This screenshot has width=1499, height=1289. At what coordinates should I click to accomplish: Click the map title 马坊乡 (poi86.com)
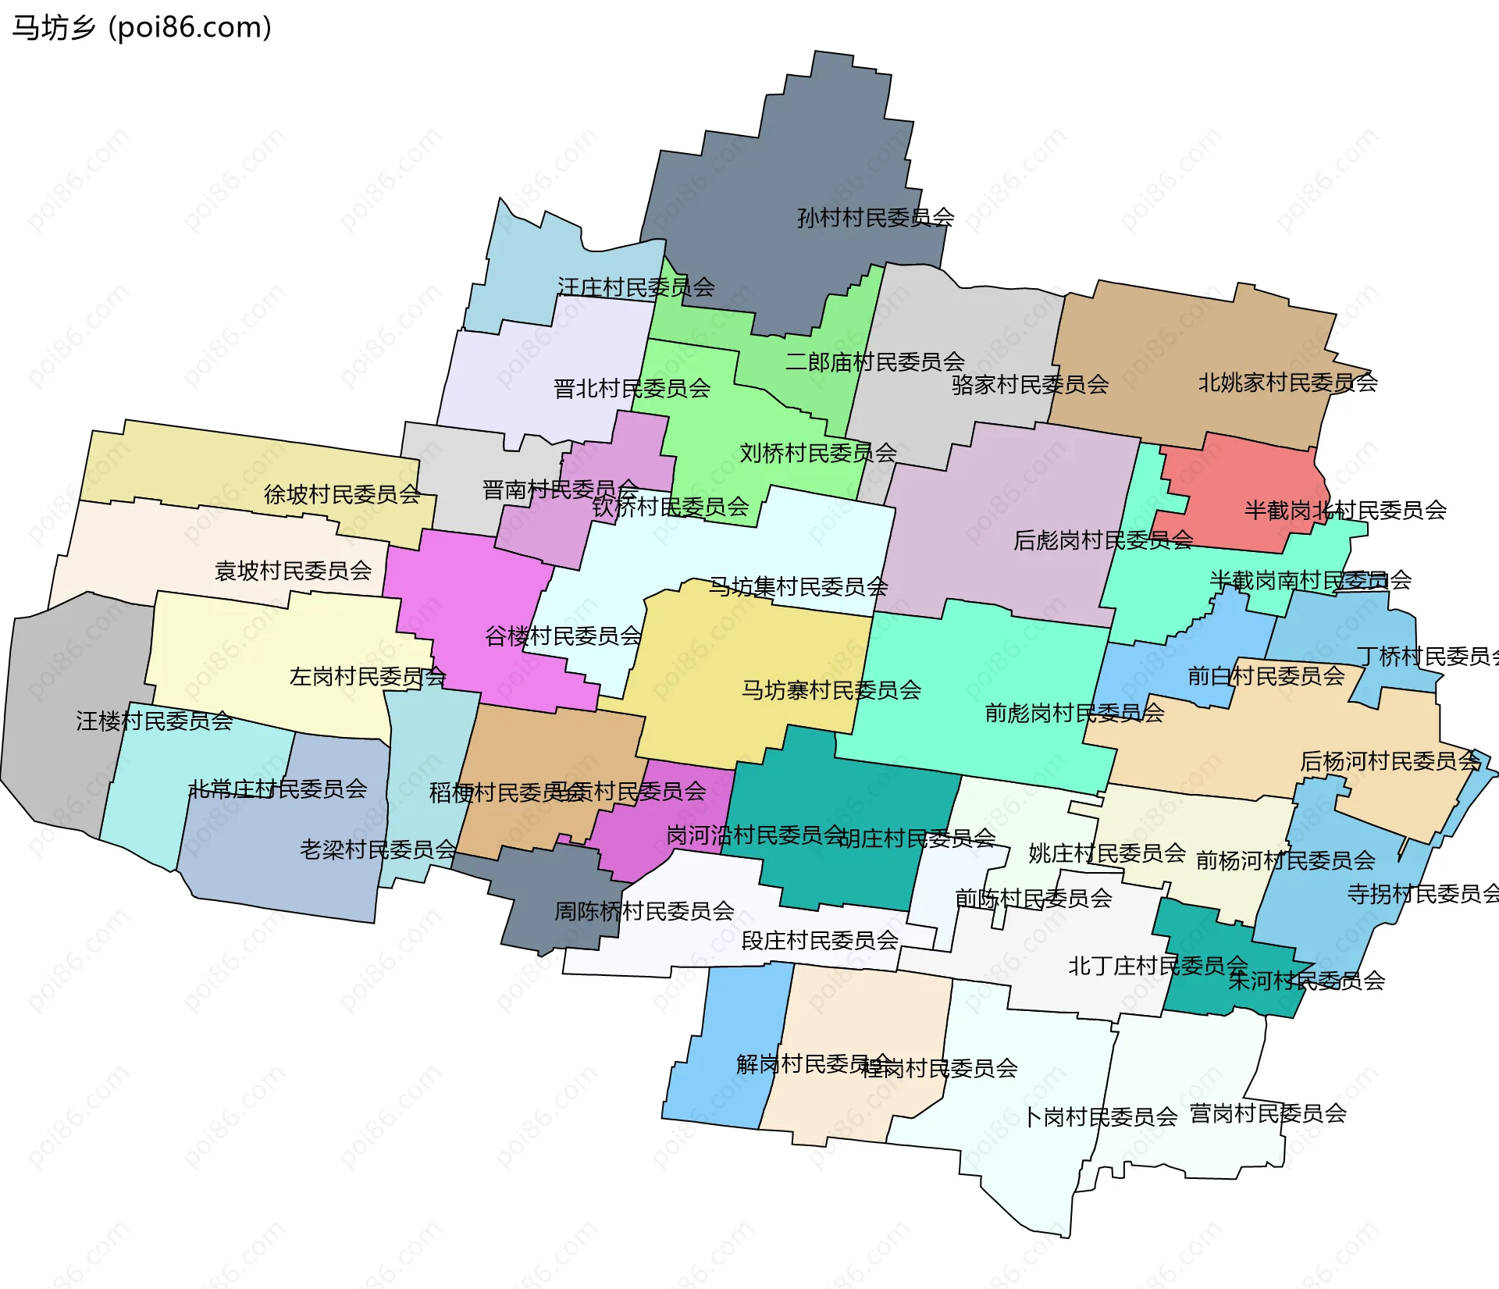click(x=142, y=27)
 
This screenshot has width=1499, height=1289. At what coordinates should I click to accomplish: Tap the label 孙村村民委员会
click(x=875, y=217)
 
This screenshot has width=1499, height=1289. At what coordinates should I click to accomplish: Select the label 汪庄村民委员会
click(x=636, y=287)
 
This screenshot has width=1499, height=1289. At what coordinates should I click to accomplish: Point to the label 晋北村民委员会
click(x=632, y=388)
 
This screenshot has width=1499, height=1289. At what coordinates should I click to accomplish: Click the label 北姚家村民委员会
click(x=1287, y=383)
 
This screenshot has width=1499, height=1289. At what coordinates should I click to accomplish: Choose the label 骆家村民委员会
click(x=1030, y=384)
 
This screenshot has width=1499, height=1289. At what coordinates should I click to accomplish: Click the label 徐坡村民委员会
click(x=342, y=494)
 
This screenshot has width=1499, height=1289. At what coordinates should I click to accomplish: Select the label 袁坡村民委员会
click(x=293, y=571)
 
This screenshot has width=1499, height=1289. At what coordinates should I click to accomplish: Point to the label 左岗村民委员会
click(x=367, y=676)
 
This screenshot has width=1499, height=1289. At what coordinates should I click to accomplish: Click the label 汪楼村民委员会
click(x=154, y=721)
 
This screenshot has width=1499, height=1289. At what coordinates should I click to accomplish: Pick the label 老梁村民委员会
click(x=378, y=849)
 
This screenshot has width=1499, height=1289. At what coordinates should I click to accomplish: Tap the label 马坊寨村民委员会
click(x=831, y=690)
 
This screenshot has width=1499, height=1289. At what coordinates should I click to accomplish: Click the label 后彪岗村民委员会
click(x=1102, y=540)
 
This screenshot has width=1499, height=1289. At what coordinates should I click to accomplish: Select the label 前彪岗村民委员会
click(x=1074, y=713)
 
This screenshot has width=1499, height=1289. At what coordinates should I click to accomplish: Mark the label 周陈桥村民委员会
click(x=644, y=910)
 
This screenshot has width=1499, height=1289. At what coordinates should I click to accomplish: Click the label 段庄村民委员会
click(x=819, y=940)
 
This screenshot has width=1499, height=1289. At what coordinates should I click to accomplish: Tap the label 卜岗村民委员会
click(x=1101, y=1117)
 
